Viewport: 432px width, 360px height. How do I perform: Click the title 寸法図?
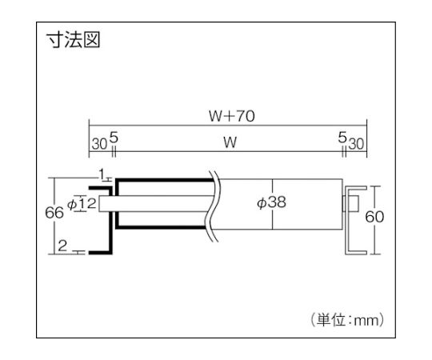73,40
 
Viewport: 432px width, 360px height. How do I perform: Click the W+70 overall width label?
232,116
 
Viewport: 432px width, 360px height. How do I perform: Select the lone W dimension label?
230,142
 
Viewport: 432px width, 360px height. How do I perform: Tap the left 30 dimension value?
99,144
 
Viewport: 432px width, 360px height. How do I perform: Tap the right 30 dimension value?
356,144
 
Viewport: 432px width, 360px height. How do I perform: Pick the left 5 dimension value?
114,137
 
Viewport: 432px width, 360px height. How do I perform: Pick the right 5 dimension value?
342,137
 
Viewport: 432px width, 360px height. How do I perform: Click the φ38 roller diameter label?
271,202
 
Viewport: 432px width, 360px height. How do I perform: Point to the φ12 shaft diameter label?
82,204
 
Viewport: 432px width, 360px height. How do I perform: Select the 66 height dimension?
54,213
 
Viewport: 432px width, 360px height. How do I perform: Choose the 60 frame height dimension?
374,217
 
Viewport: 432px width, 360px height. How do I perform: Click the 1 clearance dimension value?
102,174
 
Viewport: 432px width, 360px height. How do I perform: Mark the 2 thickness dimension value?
62,246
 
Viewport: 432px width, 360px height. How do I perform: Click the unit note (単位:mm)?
347,320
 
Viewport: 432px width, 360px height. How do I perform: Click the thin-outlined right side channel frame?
346,220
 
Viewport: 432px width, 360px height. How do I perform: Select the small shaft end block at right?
350,204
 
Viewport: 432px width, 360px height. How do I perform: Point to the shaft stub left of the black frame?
106,204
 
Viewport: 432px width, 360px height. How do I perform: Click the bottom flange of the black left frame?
100,252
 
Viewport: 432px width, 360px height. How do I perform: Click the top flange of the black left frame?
100,188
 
